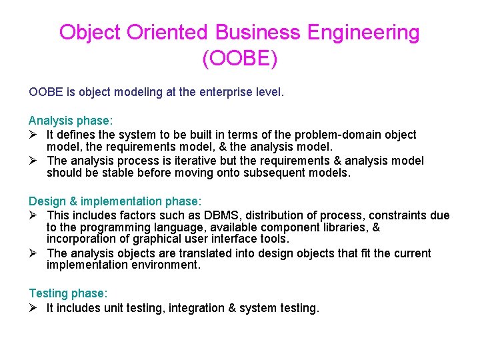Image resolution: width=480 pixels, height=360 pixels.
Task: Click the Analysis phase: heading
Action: pos(71,121)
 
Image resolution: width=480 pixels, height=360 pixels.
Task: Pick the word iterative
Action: pos(179,161)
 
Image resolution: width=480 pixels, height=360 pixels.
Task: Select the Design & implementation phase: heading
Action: pos(115,201)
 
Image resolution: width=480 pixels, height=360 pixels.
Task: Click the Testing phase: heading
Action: pos(68,293)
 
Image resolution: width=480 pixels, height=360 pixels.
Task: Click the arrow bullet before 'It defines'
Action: pos(33,135)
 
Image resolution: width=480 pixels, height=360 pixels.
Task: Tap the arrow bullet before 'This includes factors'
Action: pos(33,215)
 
